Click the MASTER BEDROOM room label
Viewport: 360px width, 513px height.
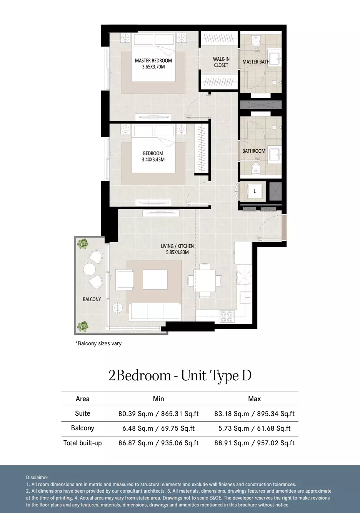pos(153,60)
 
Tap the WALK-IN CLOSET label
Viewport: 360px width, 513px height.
pos(221,62)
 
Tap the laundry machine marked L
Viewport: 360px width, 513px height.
pos(255,191)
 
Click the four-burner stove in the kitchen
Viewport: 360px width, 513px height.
pos(227,316)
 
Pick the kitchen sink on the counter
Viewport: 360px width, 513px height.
pos(245,298)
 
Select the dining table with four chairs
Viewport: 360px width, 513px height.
pos(205,281)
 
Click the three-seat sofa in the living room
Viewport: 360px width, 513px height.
pos(155,311)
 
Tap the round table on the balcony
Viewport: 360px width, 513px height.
pos(89,269)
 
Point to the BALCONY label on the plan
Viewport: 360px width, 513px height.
pos(92,299)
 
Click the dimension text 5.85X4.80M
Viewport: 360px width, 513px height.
pos(177,252)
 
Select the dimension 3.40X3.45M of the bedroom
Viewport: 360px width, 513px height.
pos(153,160)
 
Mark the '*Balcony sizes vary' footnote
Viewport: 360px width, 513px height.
pos(98,343)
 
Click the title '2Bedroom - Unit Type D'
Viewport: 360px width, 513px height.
pos(180,376)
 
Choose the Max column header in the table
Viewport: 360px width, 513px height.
pos(255,399)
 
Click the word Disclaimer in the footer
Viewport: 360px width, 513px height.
pos(37,477)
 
